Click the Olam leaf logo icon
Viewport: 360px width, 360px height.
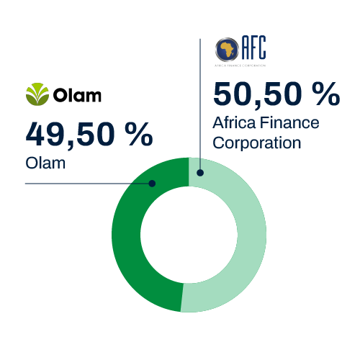(x=37, y=94)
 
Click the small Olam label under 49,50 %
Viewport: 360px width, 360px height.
(x=45, y=163)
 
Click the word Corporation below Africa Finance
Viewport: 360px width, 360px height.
(x=256, y=142)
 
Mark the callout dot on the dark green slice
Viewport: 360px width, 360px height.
(x=153, y=184)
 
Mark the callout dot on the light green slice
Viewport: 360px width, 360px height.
(x=200, y=173)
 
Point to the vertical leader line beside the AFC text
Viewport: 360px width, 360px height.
(x=199, y=108)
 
